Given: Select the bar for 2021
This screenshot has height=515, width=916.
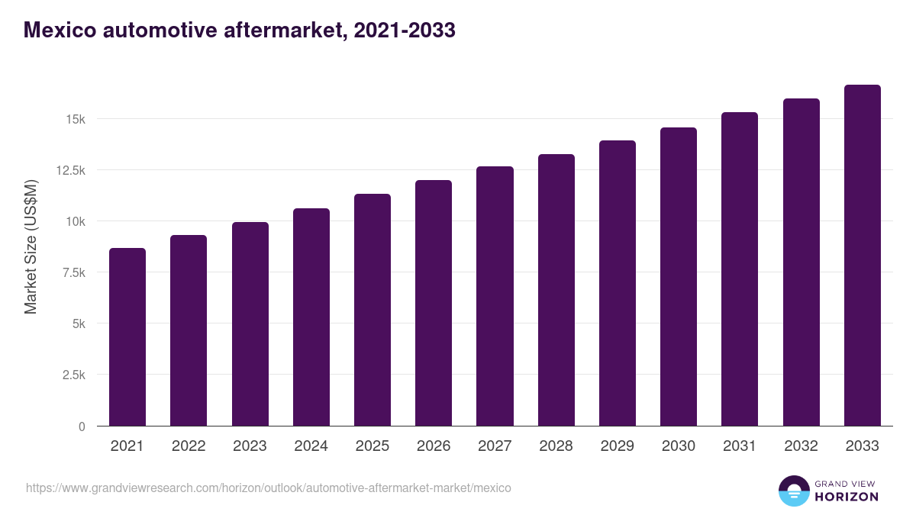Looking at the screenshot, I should tap(127, 337).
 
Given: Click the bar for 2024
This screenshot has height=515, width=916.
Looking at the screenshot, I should tap(311, 317).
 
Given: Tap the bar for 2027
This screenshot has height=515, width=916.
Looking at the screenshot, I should tap(495, 296).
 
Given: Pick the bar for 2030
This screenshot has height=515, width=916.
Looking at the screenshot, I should tap(679, 277).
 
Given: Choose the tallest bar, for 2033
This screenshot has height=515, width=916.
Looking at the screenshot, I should tap(862, 256).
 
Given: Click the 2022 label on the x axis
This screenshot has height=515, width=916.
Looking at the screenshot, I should tap(189, 446).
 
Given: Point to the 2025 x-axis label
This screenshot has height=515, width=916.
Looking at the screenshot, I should tap(373, 446).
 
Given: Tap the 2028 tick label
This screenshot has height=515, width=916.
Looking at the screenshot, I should tap(556, 446).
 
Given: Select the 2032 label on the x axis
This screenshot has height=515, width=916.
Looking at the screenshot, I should tap(801, 446).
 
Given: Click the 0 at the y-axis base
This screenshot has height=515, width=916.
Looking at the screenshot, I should tap(82, 426).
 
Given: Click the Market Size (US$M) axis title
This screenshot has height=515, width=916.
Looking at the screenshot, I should tap(31, 246).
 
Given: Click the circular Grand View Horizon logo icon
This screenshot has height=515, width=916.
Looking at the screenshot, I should tap(794, 491).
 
